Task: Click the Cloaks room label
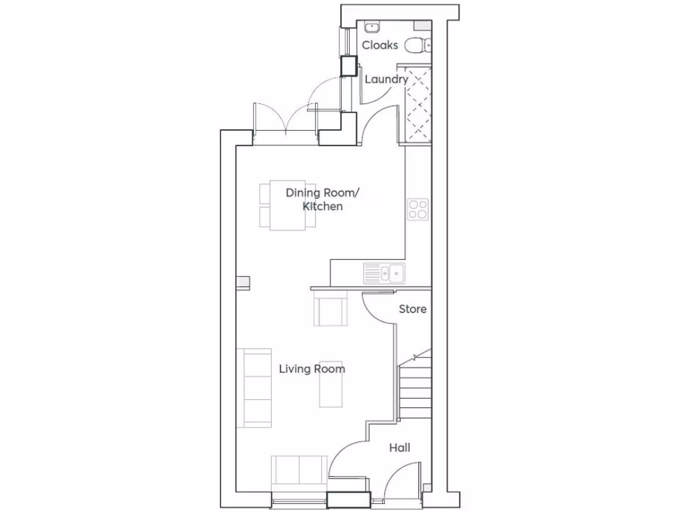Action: pos(380,45)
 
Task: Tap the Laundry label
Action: pos(386,79)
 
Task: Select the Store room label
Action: pos(413,309)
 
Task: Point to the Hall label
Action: pos(400,448)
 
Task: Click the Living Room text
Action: pos(312,369)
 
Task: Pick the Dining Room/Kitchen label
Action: pos(323,199)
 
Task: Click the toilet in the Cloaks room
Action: pos(418,45)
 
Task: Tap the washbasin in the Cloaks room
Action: pos(372,27)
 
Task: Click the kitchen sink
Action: pos(384,273)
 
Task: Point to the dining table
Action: pos(288,206)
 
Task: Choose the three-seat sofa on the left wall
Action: pos(258,387)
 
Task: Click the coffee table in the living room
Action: pos(331,386)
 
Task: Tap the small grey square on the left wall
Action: pos(243,283)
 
